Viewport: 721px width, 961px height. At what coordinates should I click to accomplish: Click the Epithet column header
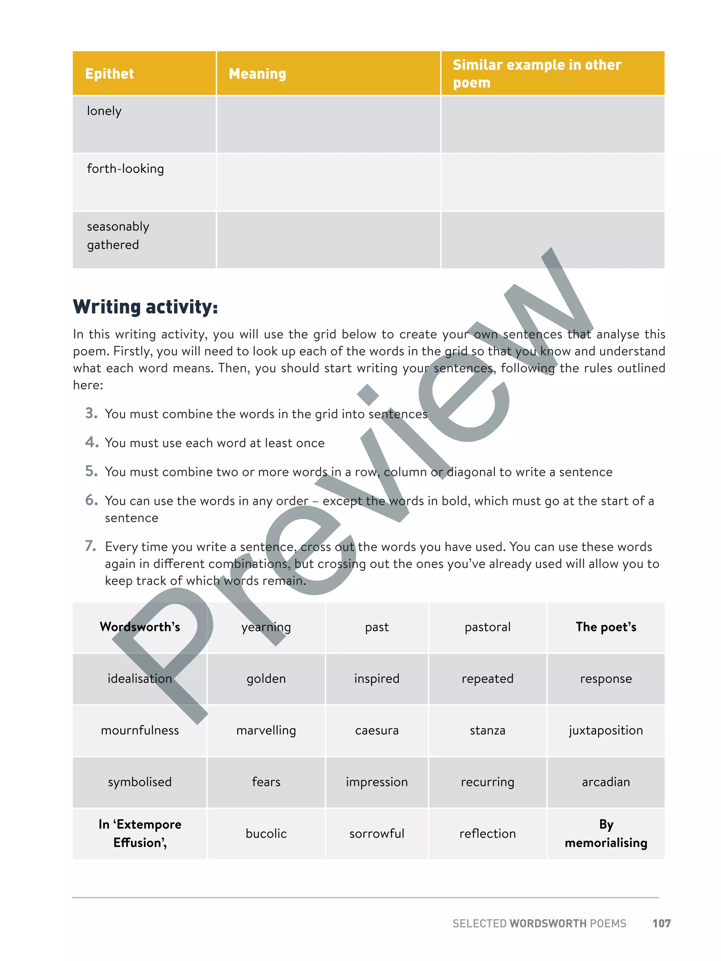109,74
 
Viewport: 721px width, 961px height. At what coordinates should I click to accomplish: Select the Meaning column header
257,74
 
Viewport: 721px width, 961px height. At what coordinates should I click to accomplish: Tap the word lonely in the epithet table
104,111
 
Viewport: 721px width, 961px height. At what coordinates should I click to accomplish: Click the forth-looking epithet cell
125,169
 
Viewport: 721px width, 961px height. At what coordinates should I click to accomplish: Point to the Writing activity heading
145,307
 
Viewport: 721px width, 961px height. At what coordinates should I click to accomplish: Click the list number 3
91,413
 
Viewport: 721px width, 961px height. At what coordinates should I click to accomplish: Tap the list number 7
90,546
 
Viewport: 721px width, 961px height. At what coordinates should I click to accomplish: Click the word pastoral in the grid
487,627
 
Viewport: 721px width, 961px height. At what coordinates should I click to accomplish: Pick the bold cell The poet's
606,627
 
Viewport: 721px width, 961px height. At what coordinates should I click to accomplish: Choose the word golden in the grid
266,678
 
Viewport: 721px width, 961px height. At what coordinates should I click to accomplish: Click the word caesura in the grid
376,730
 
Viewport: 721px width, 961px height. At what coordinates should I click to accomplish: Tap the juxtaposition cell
606,730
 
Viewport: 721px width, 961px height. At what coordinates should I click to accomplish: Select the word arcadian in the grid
606,782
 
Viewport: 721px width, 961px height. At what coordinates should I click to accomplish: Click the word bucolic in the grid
266,833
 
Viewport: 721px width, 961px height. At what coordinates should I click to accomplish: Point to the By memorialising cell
606,833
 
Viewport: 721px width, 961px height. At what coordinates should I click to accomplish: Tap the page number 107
661,924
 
